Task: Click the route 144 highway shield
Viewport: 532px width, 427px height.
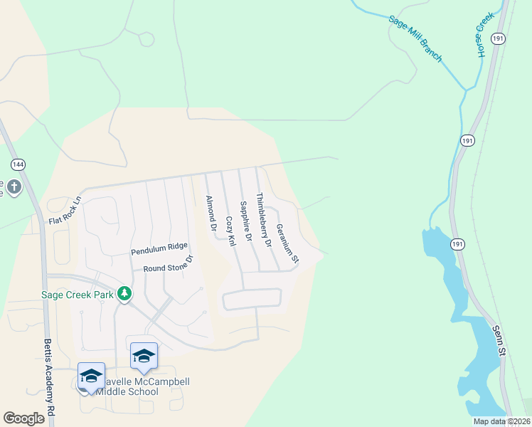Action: point(18,164)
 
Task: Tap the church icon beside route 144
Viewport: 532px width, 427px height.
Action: point(14,189)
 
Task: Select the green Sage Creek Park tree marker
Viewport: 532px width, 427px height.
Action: point(124,294)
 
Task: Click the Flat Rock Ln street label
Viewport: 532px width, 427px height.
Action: point(66,211)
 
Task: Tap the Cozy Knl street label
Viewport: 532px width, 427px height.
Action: point(230,231)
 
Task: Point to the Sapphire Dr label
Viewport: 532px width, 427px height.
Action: point(246,222)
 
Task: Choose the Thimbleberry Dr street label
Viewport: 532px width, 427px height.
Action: point(264,220)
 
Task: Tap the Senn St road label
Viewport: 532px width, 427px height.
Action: point(500,342)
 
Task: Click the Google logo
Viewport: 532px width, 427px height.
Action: point(23,418)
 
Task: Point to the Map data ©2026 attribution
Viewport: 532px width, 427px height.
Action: point(501,421)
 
